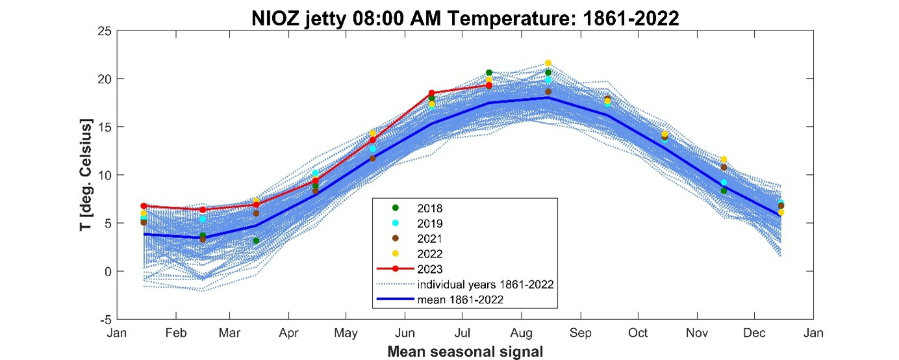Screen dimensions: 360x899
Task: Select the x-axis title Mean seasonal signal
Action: pyautogui.click(x=465, y=352)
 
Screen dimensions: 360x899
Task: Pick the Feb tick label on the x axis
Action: pyautogui.click(x=176, y=333)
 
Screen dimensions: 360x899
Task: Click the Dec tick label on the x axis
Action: pyautogui.click(x=754, y=333)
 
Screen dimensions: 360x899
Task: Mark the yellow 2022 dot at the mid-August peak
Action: pyautogui.click(x=548, y=63)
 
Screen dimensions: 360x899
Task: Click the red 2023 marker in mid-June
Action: pyautogui.click(x=431, y=94)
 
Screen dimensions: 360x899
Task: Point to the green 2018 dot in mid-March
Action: pyautogui.click(x=256, y=240)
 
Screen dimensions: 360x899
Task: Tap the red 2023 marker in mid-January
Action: pyautogui.click(x=144, y=206)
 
